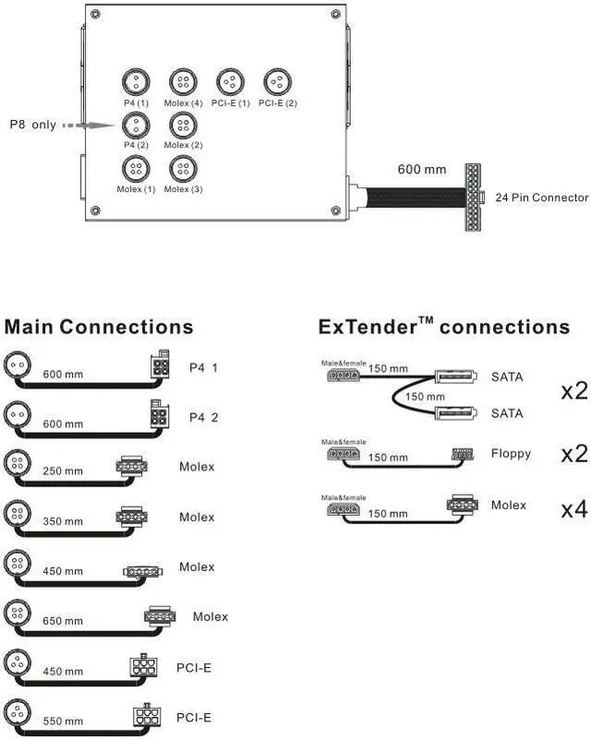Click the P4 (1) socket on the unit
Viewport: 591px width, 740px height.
pos(136,80)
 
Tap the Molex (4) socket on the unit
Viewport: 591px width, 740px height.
pos(183,80)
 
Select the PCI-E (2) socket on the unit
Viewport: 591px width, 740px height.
pos(277,80)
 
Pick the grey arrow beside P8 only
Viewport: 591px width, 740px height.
pos(90,125)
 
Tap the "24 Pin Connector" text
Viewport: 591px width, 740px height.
pos(541,197)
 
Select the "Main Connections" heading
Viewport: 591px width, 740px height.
pos(99,328)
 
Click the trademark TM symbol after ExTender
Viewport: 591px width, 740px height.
pos(427,320)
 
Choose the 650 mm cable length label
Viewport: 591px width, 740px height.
pos(63,620)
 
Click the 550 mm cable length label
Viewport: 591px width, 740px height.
pos(63,720)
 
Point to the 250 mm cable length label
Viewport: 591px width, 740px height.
pos(63,471)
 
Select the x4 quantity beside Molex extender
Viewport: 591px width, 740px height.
pos(573,508)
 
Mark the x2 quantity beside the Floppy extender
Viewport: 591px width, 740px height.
pos(573,456)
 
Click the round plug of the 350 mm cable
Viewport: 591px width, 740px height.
pos(18,512)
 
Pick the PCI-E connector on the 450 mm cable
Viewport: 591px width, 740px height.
pos(145,666)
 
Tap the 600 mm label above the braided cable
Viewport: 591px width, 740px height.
pos(421,170)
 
